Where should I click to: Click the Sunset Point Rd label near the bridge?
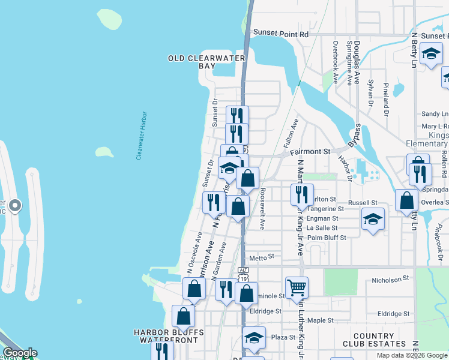coord(280,34)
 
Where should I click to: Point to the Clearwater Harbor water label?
coord(141,135)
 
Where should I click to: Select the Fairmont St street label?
coord(310,152)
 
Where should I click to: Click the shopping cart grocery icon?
coord(297,288)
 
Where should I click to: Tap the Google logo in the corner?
coord(19,353)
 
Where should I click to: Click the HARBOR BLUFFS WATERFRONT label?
coord(169,336)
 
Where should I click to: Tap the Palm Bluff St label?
coord(327,238)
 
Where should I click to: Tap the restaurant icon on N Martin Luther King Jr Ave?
coord(302,194)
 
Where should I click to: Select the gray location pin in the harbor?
coord(16,206)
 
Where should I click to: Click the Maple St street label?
coord(319,320)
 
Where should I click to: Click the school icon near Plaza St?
coord(254,338)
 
